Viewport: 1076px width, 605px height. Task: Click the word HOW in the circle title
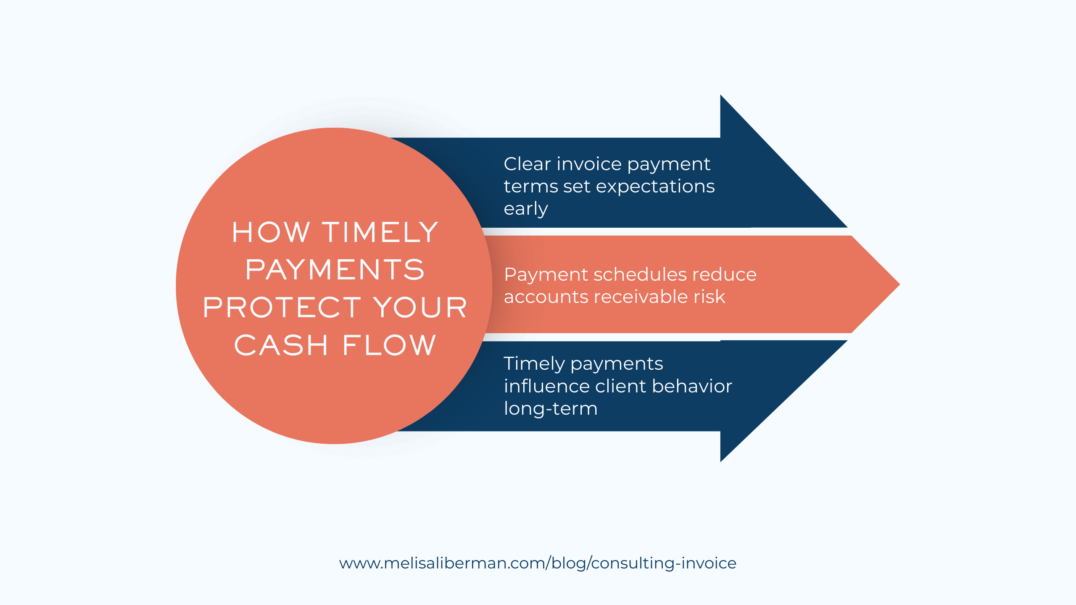tap(271, 232)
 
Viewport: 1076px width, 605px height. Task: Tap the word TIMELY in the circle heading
tap(380, 232)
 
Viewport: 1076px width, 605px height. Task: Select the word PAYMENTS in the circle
tap(335, 270)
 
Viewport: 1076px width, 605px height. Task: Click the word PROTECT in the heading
tap(282, 307)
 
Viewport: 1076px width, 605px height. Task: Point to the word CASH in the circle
tap(281, 345)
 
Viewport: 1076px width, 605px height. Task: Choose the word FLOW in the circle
tap(390, 345)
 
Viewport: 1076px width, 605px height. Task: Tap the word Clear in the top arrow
tap(527, 164)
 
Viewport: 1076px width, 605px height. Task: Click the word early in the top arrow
tap(526, 209)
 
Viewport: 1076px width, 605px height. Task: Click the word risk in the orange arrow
tap(709, 297)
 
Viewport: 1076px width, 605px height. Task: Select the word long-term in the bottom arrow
tap(551, 409)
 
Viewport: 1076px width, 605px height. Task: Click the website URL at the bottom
tap(538, 563)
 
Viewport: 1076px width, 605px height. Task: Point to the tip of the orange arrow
tap(899, 284)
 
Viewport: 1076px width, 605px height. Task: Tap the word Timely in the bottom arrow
tap(534, 364)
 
